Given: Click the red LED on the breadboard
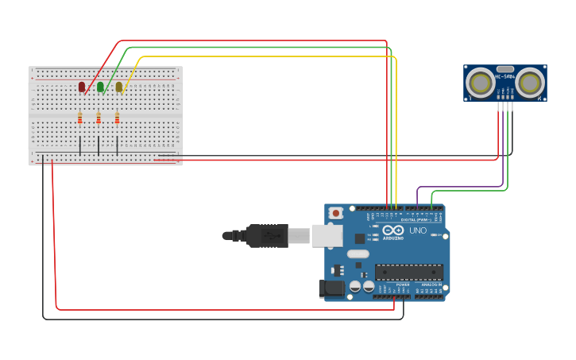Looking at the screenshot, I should click(x=82, y=87).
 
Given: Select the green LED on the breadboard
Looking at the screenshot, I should click(x=100, y=87).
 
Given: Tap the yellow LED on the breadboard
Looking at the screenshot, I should click(x=119, y=87).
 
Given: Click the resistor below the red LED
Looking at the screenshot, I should click(x=80, y=118).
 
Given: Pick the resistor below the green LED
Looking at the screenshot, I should click(x=99, y=118).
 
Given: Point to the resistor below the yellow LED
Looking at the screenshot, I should click(x=117, y=118).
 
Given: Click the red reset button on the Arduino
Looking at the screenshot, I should click(x=336, y=213).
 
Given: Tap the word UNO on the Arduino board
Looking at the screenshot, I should click(x=418, y=230).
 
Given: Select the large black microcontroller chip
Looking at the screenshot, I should click(x=409, y=272).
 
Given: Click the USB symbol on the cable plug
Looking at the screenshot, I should click(x=266, y=235).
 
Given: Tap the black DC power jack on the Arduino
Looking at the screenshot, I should click(x=331, y=288).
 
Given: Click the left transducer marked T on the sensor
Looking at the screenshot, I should click(x=479, y=81).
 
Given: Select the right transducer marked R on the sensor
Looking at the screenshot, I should click(x=531, y=81).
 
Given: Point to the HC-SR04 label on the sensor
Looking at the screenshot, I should click(x=505, y=77).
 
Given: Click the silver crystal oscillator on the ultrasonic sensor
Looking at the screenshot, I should click(x=504, y=69).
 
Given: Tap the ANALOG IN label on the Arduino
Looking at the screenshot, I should click(x=432, y=284).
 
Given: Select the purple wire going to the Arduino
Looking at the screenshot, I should click(x=461, y=188).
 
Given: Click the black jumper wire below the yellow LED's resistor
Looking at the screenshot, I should click(x=118, y=145).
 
